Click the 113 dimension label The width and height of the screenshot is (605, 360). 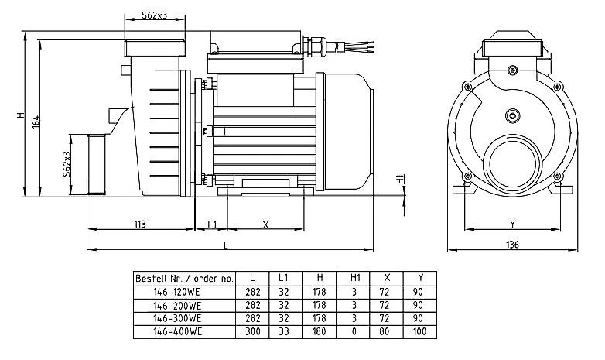[x=140, y=225]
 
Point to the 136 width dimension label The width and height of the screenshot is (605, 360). [x=513, y=245]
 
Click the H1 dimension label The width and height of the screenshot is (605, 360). [x=399, y=180]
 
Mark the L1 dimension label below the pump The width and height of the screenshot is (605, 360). [x=211, y=225]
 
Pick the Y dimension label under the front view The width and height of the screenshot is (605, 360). [x=512, y=225]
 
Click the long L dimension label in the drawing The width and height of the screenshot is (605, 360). [x=225, y=245]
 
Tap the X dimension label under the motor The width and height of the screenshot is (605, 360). [x=265, y=225]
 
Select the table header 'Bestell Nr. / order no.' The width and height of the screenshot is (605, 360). [x=183, y=278]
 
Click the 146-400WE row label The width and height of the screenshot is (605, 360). [x=177, y=331]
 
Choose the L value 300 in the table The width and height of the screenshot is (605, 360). [x=253, y=331]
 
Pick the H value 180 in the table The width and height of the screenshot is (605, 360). [x=320, y=331]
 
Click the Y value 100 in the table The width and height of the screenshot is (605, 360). [x=419, y=331]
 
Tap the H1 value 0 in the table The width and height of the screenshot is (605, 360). [x=354, y=331]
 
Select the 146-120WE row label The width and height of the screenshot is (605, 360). [x=177, y=292]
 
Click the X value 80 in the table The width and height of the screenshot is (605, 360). [x=386, y=331]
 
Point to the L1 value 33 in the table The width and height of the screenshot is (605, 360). [x=285, y=331]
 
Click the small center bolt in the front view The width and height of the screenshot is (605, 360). [x=511, y=116]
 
